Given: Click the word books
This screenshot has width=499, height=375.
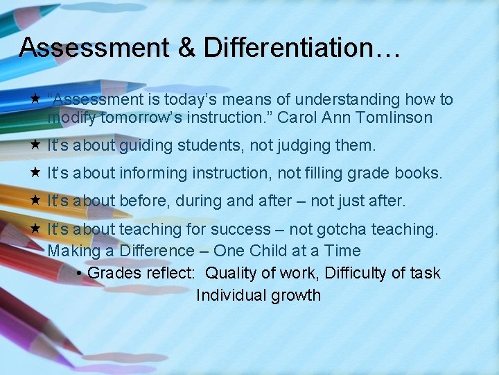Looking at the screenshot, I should pyautogui.click(x=419, y=174).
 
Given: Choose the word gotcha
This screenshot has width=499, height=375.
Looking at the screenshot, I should pyautogui.click(x=347, y=229).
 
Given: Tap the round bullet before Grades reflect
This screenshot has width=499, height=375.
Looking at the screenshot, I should pyautogui.click(x=80, y=273).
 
